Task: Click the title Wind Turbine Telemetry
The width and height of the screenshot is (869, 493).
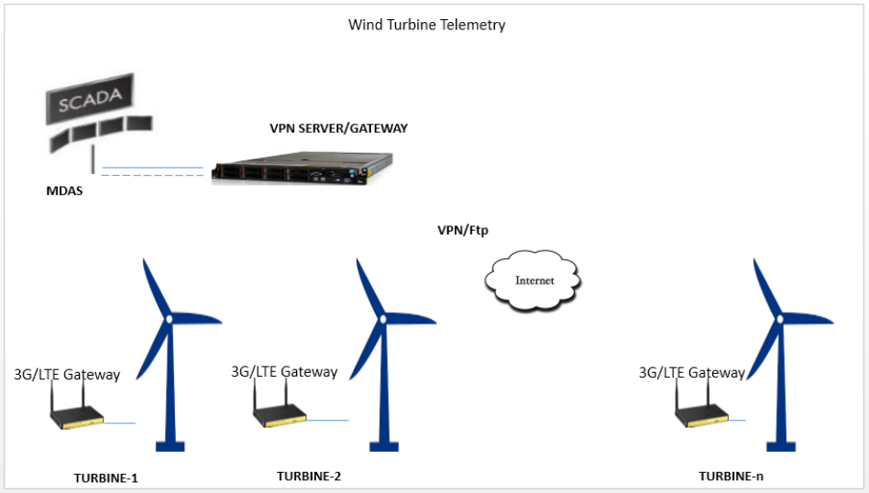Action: [x=426, y=25]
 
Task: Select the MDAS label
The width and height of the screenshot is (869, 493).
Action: [x=64, y=192]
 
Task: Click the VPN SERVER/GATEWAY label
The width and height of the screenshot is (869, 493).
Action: [x=338, y=128]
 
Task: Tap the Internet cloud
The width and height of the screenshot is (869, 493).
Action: [x=533, y=280]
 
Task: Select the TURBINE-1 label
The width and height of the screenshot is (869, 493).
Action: [x=105, y=477]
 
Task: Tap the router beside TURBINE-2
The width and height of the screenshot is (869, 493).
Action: [x=279, y=415]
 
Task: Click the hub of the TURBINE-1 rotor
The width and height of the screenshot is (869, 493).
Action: [x=169, y=318]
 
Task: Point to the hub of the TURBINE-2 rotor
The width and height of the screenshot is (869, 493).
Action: [x=382, y=318]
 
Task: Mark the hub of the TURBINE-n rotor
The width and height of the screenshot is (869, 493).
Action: [x=780, y=318]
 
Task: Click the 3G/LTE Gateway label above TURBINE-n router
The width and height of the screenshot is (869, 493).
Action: [x=691, y=373]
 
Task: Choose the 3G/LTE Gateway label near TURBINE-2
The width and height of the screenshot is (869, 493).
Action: [x=283, y=372]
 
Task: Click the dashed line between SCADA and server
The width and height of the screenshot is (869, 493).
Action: [x=152, y=175]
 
